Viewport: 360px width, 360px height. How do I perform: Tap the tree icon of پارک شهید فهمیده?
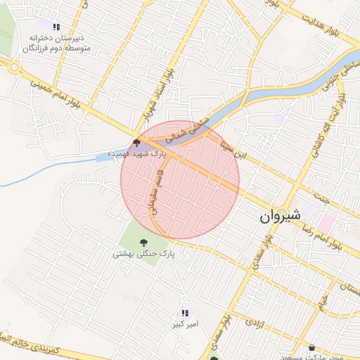point(136,142)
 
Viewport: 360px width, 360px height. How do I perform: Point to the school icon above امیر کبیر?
point(185,313)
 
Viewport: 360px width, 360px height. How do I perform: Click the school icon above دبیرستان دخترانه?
point(56,27)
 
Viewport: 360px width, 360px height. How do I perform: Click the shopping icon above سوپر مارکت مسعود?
point(312,347)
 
